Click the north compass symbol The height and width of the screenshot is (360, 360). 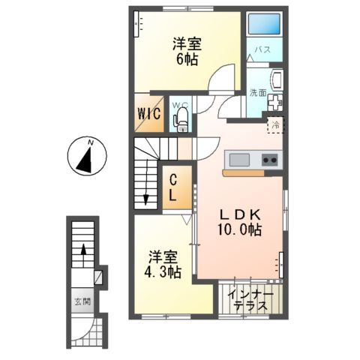(85, 157)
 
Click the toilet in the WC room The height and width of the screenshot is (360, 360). (180, 120)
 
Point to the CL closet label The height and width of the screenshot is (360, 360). (172, 187)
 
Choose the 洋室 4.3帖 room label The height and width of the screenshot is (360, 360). (163, 264)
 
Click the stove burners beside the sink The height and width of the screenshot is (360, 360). (269, 160)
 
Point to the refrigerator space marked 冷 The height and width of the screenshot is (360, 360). (275, 125)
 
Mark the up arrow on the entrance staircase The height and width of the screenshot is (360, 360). (84, 255)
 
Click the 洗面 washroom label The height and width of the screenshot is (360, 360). (257, 93)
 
